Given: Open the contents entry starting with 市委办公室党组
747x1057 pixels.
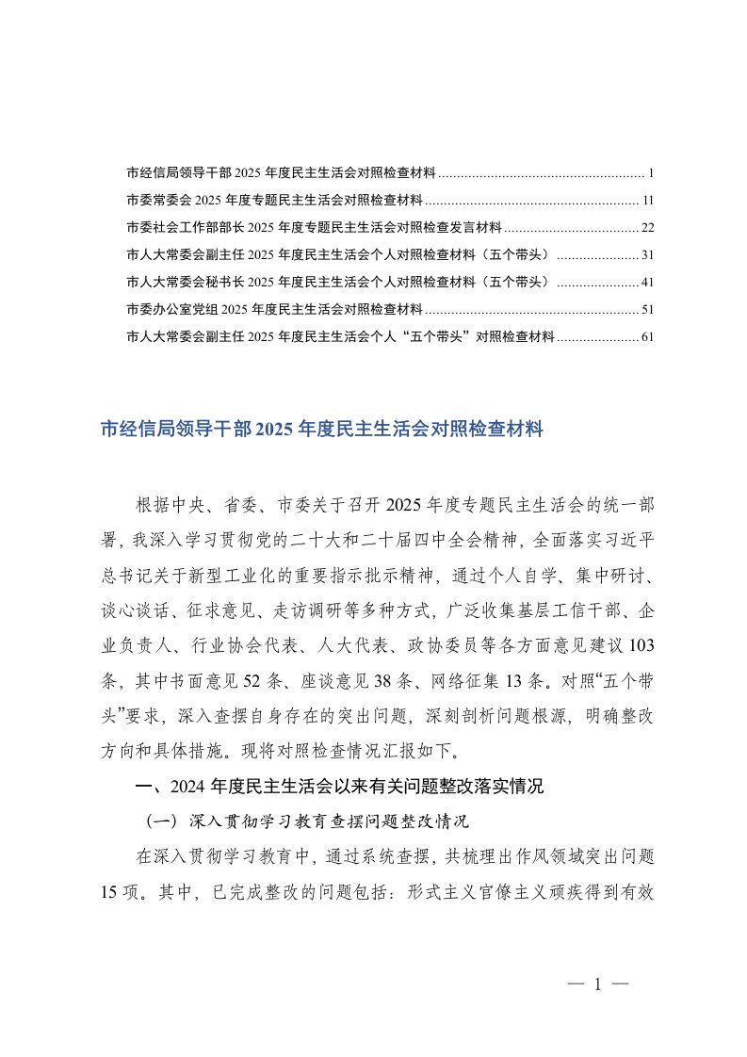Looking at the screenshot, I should pyautogui.click(x=273, y=309).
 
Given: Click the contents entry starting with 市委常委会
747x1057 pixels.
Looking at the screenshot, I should pyautogui.click(x=273, y=201).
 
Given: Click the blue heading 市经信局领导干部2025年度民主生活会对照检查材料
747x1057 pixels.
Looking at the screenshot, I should pyautogui.click(x=322, y=431).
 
